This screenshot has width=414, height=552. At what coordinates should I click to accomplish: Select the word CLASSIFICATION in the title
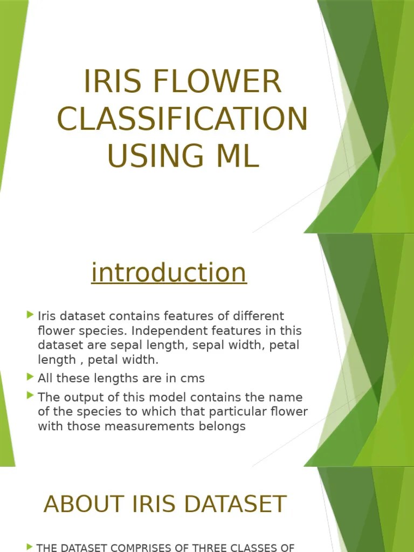182,119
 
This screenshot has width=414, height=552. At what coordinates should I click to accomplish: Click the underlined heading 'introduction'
169,272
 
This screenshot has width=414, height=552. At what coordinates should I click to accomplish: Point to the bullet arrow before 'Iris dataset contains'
30,314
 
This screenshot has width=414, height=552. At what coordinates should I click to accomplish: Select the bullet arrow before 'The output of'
30,396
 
